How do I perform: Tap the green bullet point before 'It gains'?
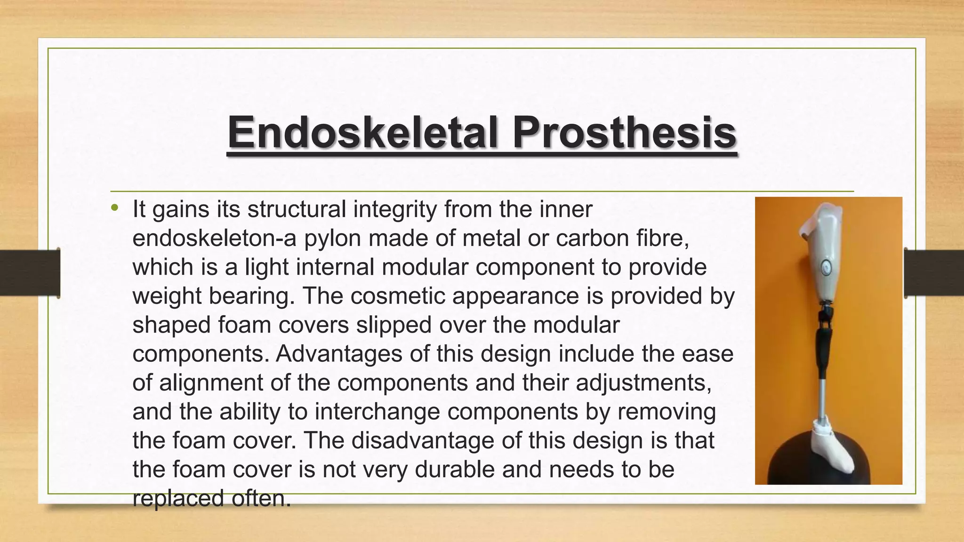(x=115, y=207)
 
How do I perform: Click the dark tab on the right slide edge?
(x=934, y=273)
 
